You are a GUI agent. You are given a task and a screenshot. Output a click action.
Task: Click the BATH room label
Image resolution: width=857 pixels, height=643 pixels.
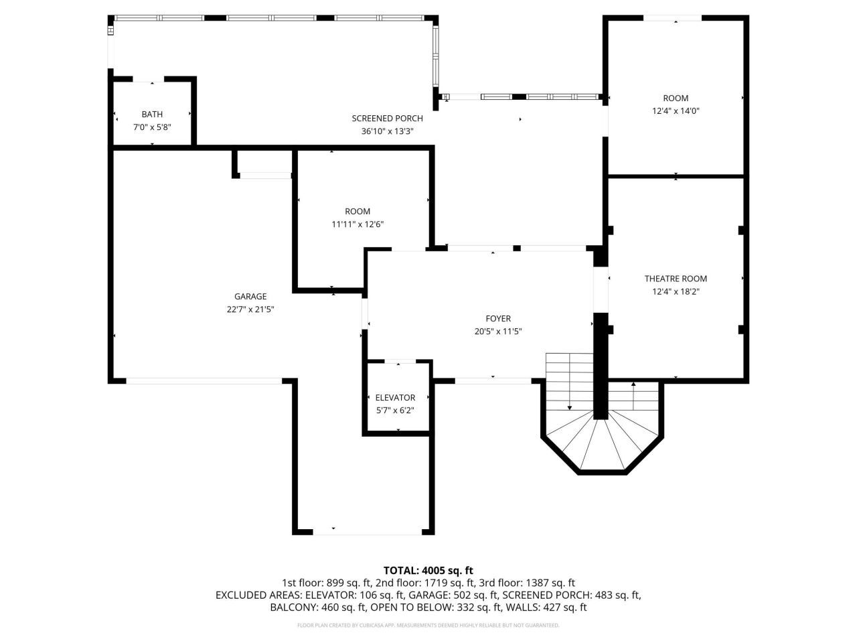152,115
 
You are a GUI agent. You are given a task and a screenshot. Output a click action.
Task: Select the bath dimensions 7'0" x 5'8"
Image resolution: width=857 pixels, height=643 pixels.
152,127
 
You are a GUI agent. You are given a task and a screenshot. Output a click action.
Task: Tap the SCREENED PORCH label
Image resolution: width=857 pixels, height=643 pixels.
387,119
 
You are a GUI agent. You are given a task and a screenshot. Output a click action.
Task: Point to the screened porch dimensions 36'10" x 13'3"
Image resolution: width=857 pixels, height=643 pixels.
387,131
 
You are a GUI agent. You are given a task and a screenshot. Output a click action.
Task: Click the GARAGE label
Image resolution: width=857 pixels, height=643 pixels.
250,297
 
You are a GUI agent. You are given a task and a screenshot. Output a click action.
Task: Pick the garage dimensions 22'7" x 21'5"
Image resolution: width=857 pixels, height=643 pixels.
250,309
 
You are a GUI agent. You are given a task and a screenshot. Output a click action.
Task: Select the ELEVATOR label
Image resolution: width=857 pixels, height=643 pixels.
395,398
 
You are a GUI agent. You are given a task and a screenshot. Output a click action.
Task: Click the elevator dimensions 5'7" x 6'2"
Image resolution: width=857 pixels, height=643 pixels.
395,410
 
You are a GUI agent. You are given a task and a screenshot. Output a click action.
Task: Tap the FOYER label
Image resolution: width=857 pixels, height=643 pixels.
498,319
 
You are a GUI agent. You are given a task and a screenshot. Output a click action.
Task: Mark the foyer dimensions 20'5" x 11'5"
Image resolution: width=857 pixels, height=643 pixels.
498,332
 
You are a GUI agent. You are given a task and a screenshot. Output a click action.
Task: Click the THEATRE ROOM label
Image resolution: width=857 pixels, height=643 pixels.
676,279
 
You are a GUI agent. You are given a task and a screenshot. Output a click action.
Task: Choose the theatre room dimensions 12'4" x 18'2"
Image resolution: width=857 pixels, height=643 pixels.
676,291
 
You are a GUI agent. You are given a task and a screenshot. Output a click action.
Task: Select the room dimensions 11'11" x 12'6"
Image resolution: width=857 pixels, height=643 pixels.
358,224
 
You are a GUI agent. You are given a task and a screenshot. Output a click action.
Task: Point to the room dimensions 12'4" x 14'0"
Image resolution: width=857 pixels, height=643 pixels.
676,111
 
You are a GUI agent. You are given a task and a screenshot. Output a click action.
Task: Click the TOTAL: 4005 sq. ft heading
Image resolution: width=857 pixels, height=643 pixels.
428,571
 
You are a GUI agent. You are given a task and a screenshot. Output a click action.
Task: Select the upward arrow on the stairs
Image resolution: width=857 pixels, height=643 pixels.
633,386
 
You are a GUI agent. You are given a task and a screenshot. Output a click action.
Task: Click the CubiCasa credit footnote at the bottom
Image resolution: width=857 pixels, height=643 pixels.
428,626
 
